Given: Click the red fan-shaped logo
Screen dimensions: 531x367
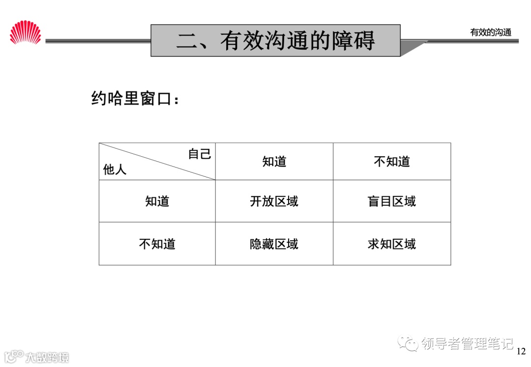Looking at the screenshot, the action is coord(26,32).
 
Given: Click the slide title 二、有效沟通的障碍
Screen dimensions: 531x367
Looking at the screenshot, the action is coord(275,41).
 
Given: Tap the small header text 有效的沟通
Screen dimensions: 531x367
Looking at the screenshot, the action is coord(491,32).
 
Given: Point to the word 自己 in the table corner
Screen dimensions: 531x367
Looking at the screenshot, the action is coord(200,154).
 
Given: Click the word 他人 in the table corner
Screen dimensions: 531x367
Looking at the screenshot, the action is coord(115,170).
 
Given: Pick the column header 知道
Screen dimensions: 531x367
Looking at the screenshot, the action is coord(274,162).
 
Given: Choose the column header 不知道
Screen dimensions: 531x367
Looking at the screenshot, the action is coord(391,162).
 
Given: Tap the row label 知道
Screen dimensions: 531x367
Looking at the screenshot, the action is coord(157,201).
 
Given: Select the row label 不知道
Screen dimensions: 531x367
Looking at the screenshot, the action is coord(157,244).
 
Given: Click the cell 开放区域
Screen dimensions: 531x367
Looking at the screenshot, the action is coord(274,201).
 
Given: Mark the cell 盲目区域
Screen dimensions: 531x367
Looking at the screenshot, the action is coord(391,201).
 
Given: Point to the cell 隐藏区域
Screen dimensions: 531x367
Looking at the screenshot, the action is coord(274,244).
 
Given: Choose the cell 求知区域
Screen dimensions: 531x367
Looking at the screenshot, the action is coord(391,244).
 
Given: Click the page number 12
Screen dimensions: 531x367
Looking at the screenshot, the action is coord(521,351).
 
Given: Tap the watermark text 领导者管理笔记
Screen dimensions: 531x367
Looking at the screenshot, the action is coord(467,343).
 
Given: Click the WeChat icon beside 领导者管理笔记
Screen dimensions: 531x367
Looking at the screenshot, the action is coord(408,343).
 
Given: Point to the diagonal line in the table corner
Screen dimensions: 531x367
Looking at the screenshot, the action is coord(157,162).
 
